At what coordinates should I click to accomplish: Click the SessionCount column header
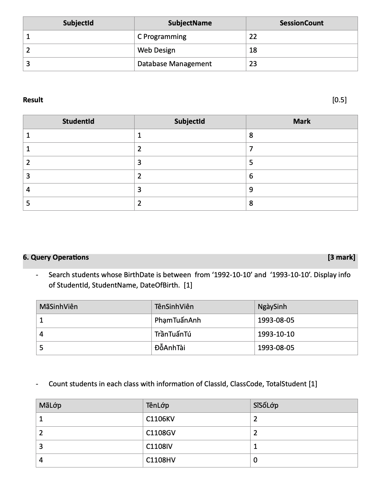pos(301,23)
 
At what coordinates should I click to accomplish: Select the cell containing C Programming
pos(162,37)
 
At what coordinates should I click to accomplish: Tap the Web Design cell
pos(156,50)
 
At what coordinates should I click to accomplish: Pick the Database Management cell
pos(174,64)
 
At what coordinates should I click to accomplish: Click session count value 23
pos(253,64)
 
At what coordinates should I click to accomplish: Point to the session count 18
pos(253,50)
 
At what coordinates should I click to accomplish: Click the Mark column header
pos(301,122)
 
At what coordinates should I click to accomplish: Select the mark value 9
pos(251,190)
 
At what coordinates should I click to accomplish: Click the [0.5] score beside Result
pos(339,100)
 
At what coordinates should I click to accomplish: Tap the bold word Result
pos(33,100)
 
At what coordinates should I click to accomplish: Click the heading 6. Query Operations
pos(56,258)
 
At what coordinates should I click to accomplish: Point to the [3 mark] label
pos(341,258)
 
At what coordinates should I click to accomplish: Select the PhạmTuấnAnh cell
pos(178,320)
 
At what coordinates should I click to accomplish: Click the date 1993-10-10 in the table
pos(276,334)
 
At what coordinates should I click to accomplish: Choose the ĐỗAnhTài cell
pos(170,348)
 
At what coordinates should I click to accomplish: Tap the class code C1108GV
pos(161,433)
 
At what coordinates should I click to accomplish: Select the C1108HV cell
pos(161,460)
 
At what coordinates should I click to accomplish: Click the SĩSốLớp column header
pos(266,406)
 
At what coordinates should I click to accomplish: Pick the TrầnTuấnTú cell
pos(173,334)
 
